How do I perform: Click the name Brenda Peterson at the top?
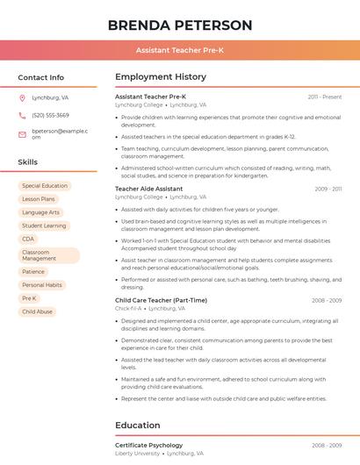pyautogui.click(x=180, y=25)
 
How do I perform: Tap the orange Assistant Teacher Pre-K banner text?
pyautogui.click(x=180, y=51)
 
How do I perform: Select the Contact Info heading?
pyautogui.click(x=41, y=77)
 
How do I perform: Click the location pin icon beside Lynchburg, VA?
pyautogui.click(x=22, y=98)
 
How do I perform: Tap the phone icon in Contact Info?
pyautogui.click(x=22, y=116)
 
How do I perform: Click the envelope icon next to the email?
pyautogui.click(x=22, y=133)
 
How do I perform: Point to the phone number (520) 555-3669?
pyautogui.click(x=50, y=116)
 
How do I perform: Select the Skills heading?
pyautogui.click(x=28, y=162)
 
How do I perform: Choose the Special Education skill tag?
pyautogui.click(x=44, y=186)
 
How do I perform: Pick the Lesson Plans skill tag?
pyautogui.click(x=38, y=199)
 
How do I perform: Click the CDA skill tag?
pyautogui.click(x=28, y=239)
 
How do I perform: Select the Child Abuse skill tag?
pyautogui.click(x=37, y=311)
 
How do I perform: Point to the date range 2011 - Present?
pyautogui.click(x=325, y=97)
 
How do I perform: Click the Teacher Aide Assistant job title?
pyautogui.click(x=149, y=189)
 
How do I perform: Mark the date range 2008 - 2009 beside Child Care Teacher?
pyautogui.click(x=327, y=300)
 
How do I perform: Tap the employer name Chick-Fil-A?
pyautogui.click(x=128, y=309)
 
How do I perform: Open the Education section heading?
pyautogui.click(x=138, y=426)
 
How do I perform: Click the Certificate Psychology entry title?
pyautogui.click(x=149, y=446)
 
